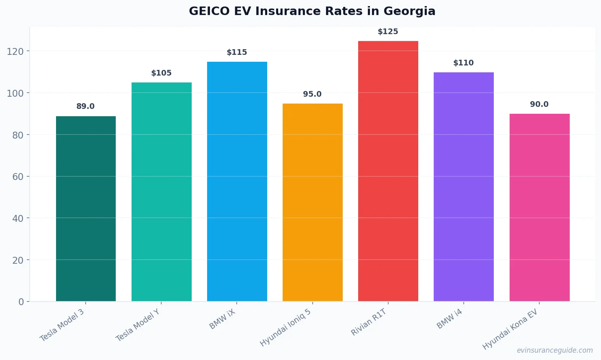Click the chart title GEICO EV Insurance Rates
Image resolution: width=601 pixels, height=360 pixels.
312,11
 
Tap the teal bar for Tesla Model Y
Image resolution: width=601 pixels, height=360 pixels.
161,192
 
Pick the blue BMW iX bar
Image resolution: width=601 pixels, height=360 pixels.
237,181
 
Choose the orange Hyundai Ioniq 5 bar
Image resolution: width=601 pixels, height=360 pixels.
312,202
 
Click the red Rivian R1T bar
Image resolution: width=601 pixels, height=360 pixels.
388,171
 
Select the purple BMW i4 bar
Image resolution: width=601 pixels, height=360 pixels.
463,187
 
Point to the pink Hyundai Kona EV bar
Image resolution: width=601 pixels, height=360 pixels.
539,207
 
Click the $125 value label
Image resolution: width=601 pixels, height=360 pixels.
388,32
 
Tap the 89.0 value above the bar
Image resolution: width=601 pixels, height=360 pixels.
85,106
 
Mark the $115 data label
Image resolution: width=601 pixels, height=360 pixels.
237,52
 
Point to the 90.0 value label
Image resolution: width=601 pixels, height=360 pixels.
539,104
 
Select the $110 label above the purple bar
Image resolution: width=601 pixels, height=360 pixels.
463,63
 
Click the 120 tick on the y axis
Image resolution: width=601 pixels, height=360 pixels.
15,52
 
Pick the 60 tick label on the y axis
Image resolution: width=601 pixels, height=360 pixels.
18,177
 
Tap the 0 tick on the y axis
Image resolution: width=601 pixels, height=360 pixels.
21,302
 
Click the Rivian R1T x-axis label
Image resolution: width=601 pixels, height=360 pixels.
369,322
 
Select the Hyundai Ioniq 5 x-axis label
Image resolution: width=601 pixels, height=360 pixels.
285,327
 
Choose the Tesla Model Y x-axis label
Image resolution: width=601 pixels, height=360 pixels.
138,325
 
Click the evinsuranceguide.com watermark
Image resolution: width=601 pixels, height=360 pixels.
555,350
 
